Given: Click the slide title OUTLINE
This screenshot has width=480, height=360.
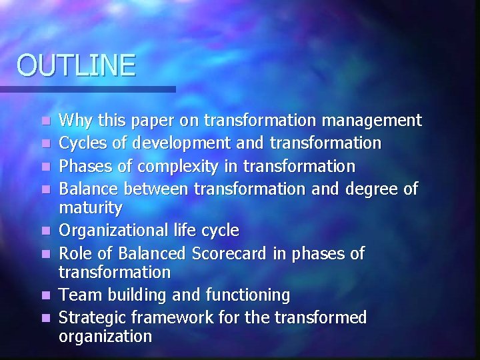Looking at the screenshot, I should (x=76, y=65).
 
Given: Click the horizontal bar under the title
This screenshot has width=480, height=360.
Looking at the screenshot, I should (x=87, y=89).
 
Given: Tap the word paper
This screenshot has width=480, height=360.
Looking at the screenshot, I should (x=149, y=121).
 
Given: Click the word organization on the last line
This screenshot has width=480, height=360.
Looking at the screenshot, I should (x=105, y=337).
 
